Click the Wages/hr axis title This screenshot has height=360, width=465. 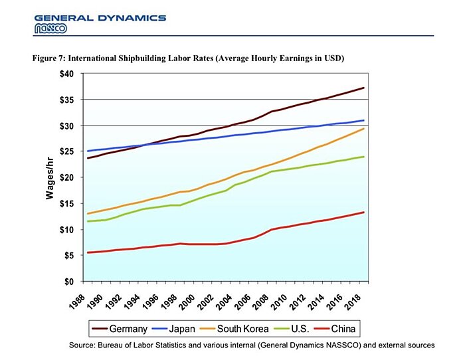tap(49, 178)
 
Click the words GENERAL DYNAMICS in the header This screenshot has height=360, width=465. tap(100, 17)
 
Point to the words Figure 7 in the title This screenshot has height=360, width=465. tap(50, 59)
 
